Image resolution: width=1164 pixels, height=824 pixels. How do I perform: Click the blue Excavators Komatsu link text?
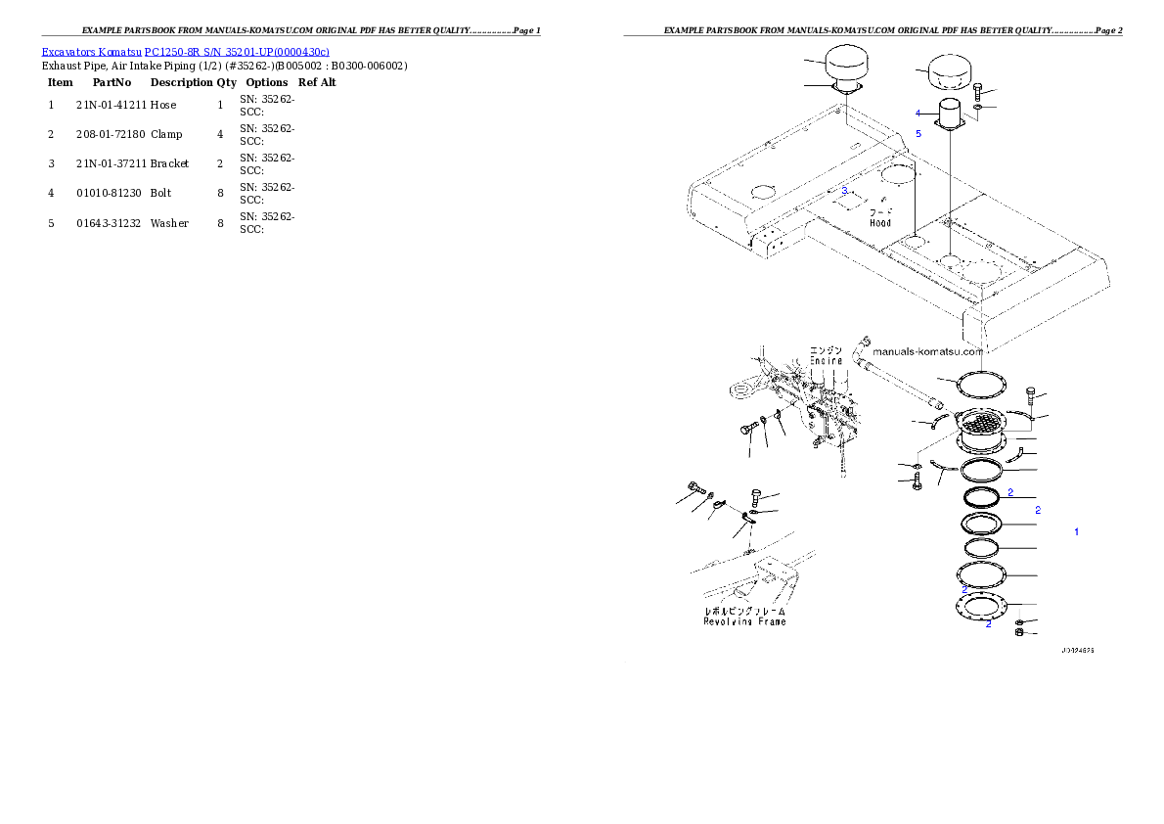coord(185,51)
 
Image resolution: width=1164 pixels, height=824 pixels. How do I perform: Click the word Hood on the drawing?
coord(880,223)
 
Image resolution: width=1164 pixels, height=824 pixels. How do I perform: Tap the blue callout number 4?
coord(918,113)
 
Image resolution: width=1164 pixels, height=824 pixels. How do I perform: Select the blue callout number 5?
coord(918,132)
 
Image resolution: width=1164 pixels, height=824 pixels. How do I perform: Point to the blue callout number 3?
coord(844,190)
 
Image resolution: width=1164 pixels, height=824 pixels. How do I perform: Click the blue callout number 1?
coord(1077,531)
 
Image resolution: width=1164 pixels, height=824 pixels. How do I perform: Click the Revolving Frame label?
coord(744,621)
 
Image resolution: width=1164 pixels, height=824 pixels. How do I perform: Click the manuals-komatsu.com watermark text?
coord(926,351)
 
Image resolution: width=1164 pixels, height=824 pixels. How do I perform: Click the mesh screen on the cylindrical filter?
coord(979,425)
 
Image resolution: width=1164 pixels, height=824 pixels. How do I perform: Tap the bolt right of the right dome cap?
coord(978,91)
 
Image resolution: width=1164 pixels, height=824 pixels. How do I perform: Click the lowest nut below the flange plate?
coord(1019,634)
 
